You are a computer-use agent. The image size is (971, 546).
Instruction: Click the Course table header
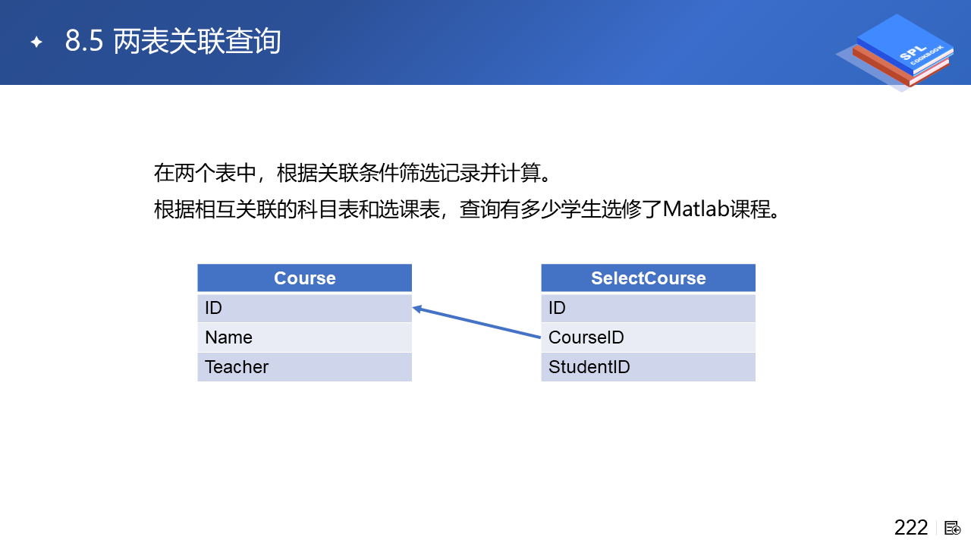click(x=304, y=278)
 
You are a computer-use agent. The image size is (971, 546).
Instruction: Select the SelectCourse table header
click(x=648, y=278)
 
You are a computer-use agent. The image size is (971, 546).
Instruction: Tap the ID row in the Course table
click(x=304, y=308)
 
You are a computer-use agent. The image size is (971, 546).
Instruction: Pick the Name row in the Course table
click(x=304, y=337)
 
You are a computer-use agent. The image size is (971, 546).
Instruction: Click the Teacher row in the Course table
click(x=304, y=367)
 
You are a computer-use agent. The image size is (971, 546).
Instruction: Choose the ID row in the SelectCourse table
click(x=648, y=308)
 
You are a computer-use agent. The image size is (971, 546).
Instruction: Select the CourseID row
click(x=648, y=337)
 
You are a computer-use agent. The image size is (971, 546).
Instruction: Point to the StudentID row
click(x=648, y=367)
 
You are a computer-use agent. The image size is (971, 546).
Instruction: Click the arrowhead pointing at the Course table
click(x=417, y=309)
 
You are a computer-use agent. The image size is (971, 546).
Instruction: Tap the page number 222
click(x=911, y=528)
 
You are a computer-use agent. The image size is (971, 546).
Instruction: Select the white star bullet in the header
click(x=36, y=42)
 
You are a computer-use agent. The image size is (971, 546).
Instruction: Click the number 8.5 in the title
click(x=84, y=41)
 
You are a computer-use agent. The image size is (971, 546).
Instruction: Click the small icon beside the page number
click(x=952, y=529)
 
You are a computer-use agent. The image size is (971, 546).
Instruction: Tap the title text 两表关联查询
click(x=196, y=41)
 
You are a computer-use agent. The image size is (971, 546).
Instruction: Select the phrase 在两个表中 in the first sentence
click(x=205, y=173)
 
